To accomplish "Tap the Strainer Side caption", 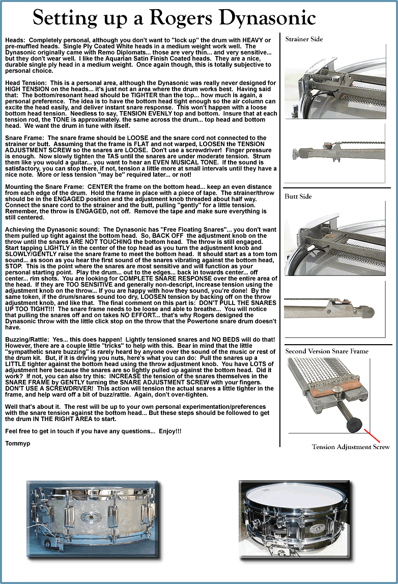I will coord(304,39).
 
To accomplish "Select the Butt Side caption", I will coord(298,197).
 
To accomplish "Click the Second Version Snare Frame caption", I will coord(327,351).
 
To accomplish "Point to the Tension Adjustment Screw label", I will coord(351,447).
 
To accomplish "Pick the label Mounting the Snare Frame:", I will coord(45,186).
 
